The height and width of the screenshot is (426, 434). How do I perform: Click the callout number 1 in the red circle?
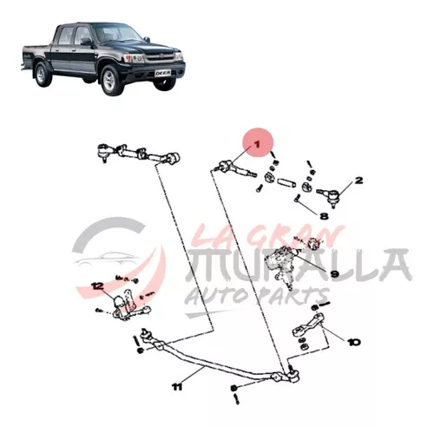258,144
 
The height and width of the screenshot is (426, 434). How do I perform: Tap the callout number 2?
358,180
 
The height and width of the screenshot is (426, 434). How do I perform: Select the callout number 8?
324,216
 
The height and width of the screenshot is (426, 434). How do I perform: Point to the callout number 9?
334,273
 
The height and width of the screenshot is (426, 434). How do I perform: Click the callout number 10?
354,343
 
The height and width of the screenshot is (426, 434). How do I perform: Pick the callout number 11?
177,387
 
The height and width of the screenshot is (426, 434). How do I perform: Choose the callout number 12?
97,286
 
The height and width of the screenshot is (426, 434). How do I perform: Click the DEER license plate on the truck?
163,73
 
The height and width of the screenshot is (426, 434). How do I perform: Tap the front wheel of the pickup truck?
110,80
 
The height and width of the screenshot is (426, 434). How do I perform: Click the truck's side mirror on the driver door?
86,43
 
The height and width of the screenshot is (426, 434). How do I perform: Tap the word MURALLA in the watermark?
298,265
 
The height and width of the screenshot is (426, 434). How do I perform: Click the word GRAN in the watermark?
297,234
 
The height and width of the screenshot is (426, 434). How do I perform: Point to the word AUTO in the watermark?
220,297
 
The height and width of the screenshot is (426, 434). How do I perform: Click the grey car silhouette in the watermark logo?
105,259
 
